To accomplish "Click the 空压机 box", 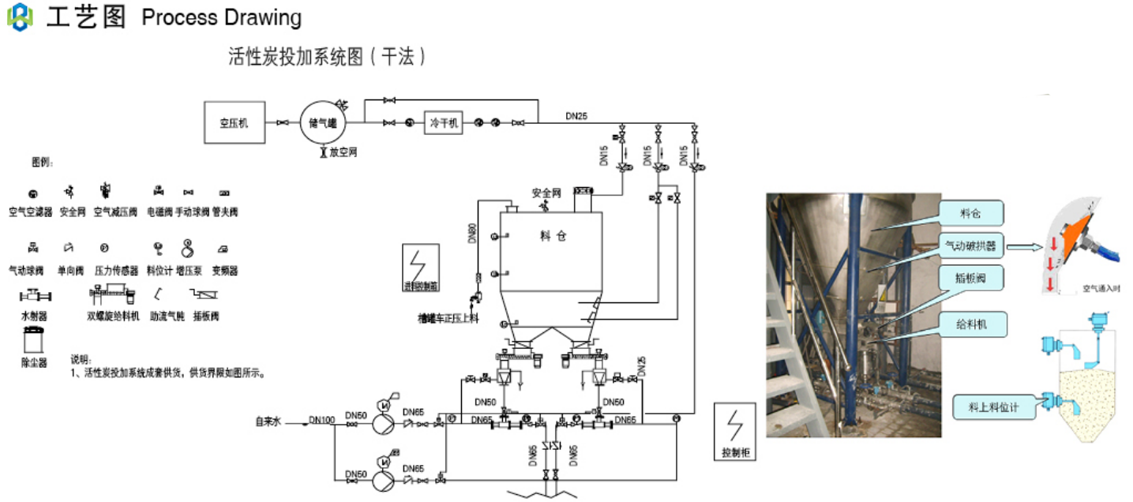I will click(x=234, y=122).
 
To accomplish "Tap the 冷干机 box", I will click(x=444, y=123).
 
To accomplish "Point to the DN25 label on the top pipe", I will click(x=576, y=116).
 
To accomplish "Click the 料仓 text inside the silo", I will click(x=553, y=236).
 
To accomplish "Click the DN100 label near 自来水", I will click(x=321, y=420).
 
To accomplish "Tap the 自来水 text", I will click(x=268, y=421).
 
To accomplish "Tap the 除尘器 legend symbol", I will click(x=34, y=342).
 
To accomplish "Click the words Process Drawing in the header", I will click(x=222, y=17).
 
